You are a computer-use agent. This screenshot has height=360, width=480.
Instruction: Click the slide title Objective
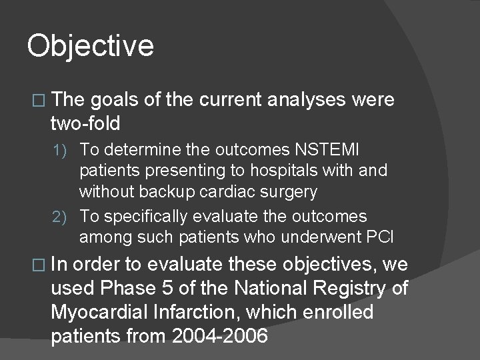coord(91,46)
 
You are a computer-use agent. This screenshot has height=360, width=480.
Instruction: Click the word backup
coord(166,193)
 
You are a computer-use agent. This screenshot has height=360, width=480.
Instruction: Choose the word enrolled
coord(339,313)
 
